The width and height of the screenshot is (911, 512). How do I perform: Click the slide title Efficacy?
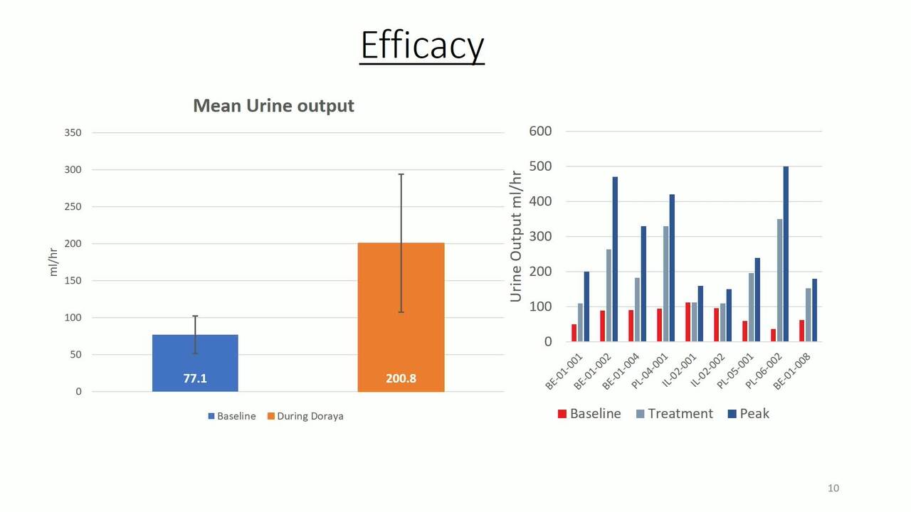pos(422,45)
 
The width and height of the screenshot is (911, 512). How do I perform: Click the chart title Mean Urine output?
pos(274,106)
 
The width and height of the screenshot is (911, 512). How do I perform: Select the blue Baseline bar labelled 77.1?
pos(195,363)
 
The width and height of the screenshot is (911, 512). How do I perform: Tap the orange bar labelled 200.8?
pos(401,317)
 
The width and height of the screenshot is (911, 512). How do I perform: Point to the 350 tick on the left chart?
pos(73,133)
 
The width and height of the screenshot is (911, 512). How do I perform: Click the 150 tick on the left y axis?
pos(73,281)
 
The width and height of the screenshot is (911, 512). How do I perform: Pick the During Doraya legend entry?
pos(305,416)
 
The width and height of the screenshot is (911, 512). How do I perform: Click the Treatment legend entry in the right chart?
pos(674,414)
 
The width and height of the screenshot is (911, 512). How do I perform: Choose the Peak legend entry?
pos(748,414)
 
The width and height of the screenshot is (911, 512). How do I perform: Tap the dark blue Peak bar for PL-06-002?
pos(786,254)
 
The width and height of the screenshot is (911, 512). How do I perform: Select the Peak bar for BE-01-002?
pos(615,260)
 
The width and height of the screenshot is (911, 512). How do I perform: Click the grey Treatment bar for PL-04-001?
pos(665,284)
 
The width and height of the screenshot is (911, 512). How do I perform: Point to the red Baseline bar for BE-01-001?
pos(574,333)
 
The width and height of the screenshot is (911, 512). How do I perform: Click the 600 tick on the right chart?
pos(540,132)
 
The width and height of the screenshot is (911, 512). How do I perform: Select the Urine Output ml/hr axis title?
pos(516,237)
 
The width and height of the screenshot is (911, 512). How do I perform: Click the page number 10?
pos(833,488)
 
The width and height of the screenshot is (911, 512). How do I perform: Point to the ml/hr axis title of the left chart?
pos(53,262)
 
